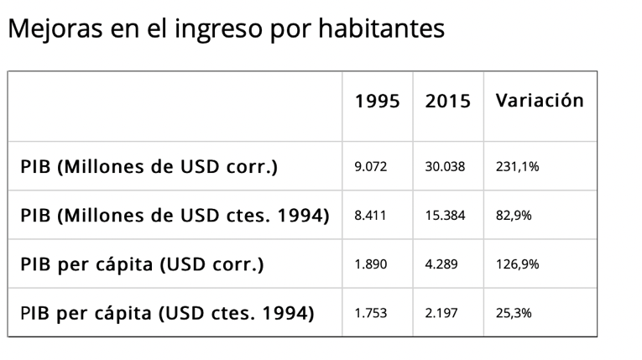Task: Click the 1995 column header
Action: [377, 101]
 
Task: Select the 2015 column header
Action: [447, 101]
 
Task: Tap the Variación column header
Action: [539, 101]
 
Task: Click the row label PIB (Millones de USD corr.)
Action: [149, 166]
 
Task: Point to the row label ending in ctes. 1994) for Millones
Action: [175, 215]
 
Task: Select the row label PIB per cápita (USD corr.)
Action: [142, 264]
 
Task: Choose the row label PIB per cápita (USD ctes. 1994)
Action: [167, 314]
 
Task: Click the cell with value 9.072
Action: [370, 167]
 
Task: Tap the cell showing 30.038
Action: [444, 167]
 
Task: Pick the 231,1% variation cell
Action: [516, 167]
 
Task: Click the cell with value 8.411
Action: [370, 216]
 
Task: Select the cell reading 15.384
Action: [444, 216]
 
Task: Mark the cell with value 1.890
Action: [370, 265]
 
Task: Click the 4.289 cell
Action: [441, 265]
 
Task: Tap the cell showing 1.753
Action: [370, 314]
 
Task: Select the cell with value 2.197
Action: [441, 314]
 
